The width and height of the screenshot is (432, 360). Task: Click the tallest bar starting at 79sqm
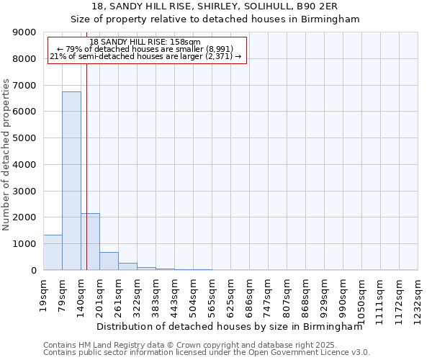[71, 181]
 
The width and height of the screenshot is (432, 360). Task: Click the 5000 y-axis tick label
[24, 138]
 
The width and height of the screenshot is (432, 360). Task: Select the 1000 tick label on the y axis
[24, 244]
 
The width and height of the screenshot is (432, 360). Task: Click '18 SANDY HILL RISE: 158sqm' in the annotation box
[145, 42]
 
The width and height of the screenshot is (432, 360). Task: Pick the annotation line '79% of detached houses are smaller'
[145, 49]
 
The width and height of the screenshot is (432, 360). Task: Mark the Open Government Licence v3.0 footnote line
[207, 353]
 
